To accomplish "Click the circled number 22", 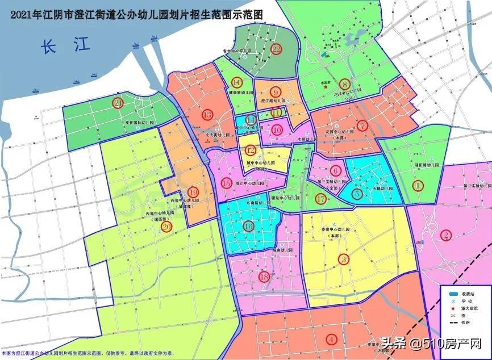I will click(x=277, y=49).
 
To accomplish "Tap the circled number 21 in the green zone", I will click(x=118, y=103).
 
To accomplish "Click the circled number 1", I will click(x=419, y=185).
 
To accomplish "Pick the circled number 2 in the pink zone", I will click(x=446, y=235).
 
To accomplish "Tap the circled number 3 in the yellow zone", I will click(x=343, y=259).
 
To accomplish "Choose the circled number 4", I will click(x=331, y=340).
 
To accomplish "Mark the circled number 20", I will click(x=166, y=226).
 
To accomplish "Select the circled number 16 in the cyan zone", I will click(x=248, y=226).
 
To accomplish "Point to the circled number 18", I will click(x=264, y=277).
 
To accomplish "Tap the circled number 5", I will click(x=357, y=194).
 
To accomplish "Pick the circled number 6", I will click(x=336, y=170).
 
